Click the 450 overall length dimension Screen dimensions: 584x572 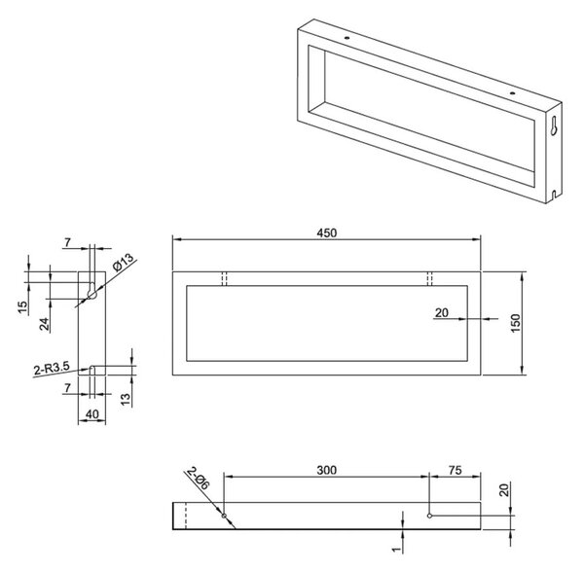click(x=327, y=232)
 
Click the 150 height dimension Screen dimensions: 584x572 click(x=515, y=323)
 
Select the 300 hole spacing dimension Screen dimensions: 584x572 click(x=327, y=470)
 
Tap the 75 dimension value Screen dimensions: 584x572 click(x=456, y=470)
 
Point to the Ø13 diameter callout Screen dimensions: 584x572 click(x=123, y=262)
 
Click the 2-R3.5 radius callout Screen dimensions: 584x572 click(x=52, y=369)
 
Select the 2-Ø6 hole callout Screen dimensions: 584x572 click(x=199, y=479)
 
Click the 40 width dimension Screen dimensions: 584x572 click(x=92, y=413)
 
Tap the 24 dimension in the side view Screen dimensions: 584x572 click(x=45, y=324)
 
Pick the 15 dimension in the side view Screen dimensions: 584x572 click(x=22, y=307)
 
